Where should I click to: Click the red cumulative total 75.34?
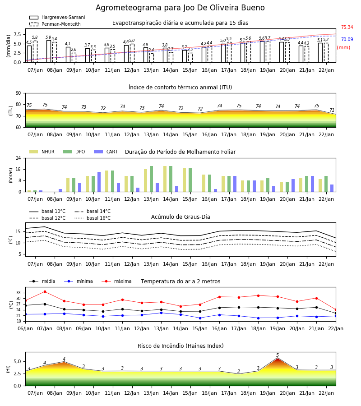click(x=347, y=27)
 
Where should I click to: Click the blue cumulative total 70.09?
click(x=347, y=39)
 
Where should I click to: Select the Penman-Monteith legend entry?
click(x=55, y=24)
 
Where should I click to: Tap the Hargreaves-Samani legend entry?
click(x=57, y=17)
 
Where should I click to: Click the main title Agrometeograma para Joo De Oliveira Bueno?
click(x=180, y=8)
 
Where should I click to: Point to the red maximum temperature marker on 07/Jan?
click(x=45, y=291)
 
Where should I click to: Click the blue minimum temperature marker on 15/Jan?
click(x=200, y=318)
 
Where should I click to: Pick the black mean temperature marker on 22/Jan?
click(x=336, y=314)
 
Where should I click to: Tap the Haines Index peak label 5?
click(x=278, y=355)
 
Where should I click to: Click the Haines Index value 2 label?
click(x=239, y=372)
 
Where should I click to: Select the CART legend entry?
click(x=106, y=152)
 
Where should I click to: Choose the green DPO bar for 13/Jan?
click(x=151, y=179)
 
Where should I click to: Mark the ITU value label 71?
click(x=332, y=111)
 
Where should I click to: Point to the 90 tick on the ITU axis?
click(x=19, y=93)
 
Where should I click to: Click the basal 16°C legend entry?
click(x=93, y=218)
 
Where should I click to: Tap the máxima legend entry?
click(x=116, y=281)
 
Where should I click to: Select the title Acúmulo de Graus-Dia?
click(x=180, y=217)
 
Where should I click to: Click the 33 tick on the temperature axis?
click(x=19, y=293)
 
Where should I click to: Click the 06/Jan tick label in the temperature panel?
click(x=25, y=328)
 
